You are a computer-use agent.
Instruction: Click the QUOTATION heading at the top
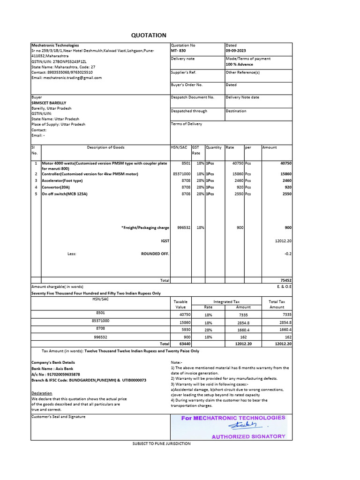(148, 35)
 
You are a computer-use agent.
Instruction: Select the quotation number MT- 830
(179, 51)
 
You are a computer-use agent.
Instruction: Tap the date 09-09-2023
(236, 51)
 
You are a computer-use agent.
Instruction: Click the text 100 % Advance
(240, 64)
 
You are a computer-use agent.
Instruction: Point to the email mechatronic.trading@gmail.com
(67, 78)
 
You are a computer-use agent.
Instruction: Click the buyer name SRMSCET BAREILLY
(49, 103)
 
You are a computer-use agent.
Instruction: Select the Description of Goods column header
(105, 147)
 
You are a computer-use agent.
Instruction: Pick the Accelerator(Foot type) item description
(62, 180)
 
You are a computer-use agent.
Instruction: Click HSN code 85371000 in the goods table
(181, 174)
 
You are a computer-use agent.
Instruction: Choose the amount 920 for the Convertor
(288, 187)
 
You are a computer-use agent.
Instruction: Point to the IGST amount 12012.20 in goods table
(283, 241)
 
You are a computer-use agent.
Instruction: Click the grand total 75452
(285, 280)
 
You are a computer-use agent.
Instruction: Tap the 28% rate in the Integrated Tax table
(209, 330)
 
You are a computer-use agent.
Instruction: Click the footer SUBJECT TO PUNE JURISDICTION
(162, 443)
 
